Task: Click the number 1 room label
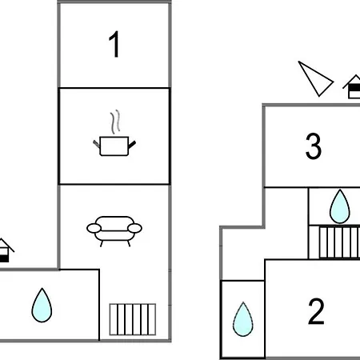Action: pyautogui.click(x=114, y=44)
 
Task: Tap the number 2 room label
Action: pyautogui.click(x=316, y=311)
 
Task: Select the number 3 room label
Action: pyautogui.click(x=314, y=146)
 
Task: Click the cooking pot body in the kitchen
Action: pyautogui.click(x=114, y=146)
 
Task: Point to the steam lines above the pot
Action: pyautogui.click(x=115, y=122)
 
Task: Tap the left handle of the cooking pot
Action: pyautogui.click(x=96, y=144)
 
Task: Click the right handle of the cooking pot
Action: pyautogui.click(x=132, y=145)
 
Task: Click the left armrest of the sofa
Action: pyautogui.click(x=94, y=229)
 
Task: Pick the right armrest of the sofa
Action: pyautogui.click(x=135, y=229)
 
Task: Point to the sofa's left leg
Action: pyautogui.click(x=101, y=243)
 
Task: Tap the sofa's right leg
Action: pyautogui.click(x=129, y=243)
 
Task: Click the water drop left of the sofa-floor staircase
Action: pyautogui.click(x=42, y=306)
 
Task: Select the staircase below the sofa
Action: pyautogui.click(x=133, y=319)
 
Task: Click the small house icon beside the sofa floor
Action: pyautogui.click(x=6, y=250)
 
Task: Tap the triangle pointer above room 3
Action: pyautogui.click(x=315, y=79)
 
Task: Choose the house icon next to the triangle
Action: pyautogui.click(x=353, y=86)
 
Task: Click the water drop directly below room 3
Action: pyautogui.click(x=339, y=206)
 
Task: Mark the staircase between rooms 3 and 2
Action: pyautogui.click(x=339, y=242)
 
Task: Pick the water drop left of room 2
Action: pyautogui.click(x=243, y=319)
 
